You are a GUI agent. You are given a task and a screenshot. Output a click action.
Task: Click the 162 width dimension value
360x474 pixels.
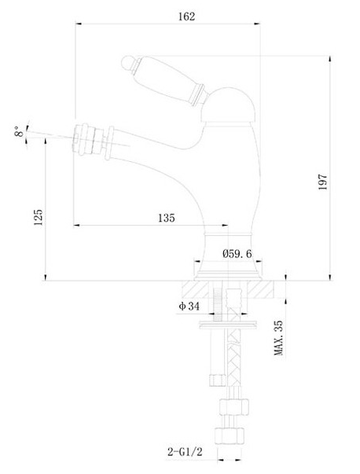coord(187,17)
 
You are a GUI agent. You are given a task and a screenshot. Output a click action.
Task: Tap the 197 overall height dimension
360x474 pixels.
coord(323,182)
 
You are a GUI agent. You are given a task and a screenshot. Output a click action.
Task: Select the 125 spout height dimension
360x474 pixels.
coord(38,217)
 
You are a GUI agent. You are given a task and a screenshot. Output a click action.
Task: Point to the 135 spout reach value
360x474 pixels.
coord(167,218)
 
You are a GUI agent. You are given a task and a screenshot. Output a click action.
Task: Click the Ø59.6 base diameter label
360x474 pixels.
coord(237,254)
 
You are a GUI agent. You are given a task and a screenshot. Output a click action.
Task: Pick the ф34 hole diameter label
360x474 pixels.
coord(189,307)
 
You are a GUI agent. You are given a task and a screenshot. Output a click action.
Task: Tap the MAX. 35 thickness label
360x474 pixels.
coord(278,338)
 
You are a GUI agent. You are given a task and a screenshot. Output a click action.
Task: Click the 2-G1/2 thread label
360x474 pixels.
coord(185,452)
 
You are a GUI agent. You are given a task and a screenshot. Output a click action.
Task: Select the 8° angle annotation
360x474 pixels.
coord(19,132)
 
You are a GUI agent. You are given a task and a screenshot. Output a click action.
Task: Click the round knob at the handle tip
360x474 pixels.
coord(127,63)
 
